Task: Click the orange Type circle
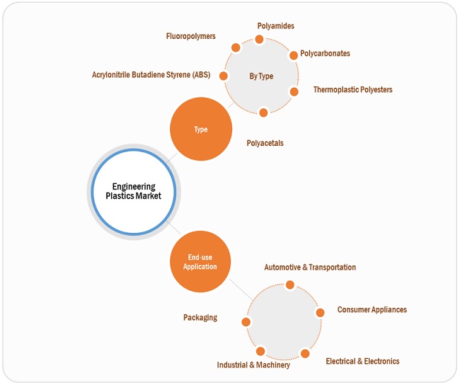point(201,130)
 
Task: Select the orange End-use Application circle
point(201,262)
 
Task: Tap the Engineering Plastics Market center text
point(133,191)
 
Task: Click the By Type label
point(261,76)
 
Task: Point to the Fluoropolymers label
point(190,35)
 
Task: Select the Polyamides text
point(275,26)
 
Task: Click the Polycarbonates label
point(325,53)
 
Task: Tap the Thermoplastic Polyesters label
point(352,90)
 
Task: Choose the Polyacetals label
point(265,143)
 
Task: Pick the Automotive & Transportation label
point(310,268)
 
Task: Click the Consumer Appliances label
point(372,310)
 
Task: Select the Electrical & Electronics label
point(362,361)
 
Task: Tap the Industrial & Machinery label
point(253,365)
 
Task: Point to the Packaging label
point(200,318)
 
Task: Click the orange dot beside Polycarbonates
point(293,55)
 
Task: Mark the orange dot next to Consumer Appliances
point(320,312)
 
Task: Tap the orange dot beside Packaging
point(246,322)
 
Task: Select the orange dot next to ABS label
point(224,76)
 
